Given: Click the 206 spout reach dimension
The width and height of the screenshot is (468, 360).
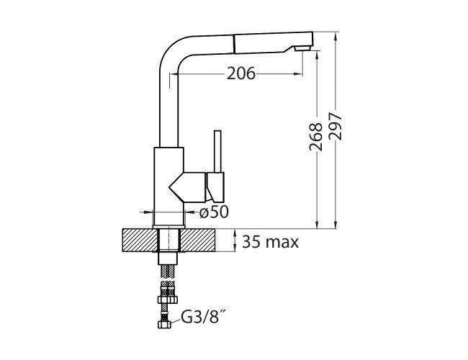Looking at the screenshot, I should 240,73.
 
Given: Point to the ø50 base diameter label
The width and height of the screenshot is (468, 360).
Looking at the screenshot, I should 213,212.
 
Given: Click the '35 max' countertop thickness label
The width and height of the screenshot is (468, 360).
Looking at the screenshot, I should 271,241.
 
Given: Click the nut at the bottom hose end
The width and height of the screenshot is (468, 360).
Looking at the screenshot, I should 164,325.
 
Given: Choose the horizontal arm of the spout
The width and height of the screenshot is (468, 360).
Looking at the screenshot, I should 238,42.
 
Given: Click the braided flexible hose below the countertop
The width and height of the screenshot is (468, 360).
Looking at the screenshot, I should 168,277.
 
